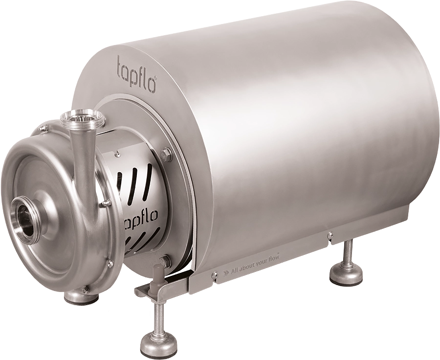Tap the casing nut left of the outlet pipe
(44, 128)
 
